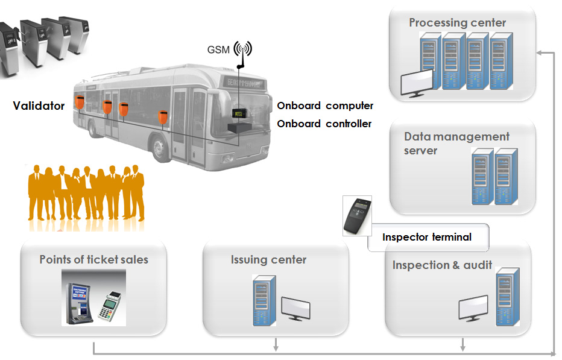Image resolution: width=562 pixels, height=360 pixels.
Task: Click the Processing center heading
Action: point(457,23)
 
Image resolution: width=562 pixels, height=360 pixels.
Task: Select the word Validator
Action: point(39,106)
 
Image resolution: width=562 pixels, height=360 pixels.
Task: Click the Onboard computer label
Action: point(325,106)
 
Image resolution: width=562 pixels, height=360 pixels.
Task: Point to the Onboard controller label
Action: point(324,124)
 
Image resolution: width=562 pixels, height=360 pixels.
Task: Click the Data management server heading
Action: point(456,144)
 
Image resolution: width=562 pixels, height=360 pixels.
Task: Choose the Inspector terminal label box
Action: point(427,237)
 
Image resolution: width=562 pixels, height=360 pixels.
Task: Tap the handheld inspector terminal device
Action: point(357,215)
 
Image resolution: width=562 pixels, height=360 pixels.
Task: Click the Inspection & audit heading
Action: point(442,265)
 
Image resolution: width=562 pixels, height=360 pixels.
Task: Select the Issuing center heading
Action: point(268,260)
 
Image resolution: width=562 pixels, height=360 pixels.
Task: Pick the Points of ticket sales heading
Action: point(93,259)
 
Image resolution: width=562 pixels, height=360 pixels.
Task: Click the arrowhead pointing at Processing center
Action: point(538,53)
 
